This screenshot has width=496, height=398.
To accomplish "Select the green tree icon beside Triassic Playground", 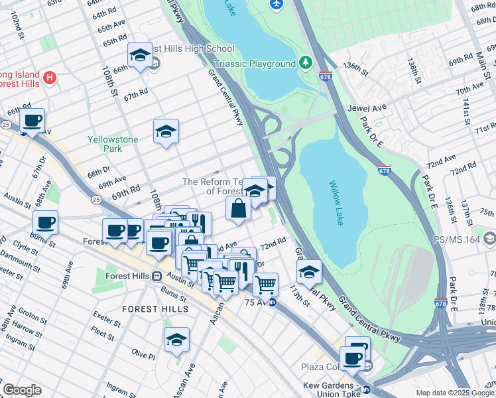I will click(306, 63).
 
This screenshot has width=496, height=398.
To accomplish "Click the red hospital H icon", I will click(49, 79).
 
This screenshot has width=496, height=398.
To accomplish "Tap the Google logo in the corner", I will click(22, 390).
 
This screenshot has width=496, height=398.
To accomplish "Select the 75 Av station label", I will click(254, 302).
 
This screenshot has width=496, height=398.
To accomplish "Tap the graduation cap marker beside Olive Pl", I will click(177, 340).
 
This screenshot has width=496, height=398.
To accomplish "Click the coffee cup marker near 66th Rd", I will click(32, 121).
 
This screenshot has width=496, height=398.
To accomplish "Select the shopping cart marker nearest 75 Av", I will click(265, 285).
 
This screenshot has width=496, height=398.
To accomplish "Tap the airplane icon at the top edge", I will click(277, 5).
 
